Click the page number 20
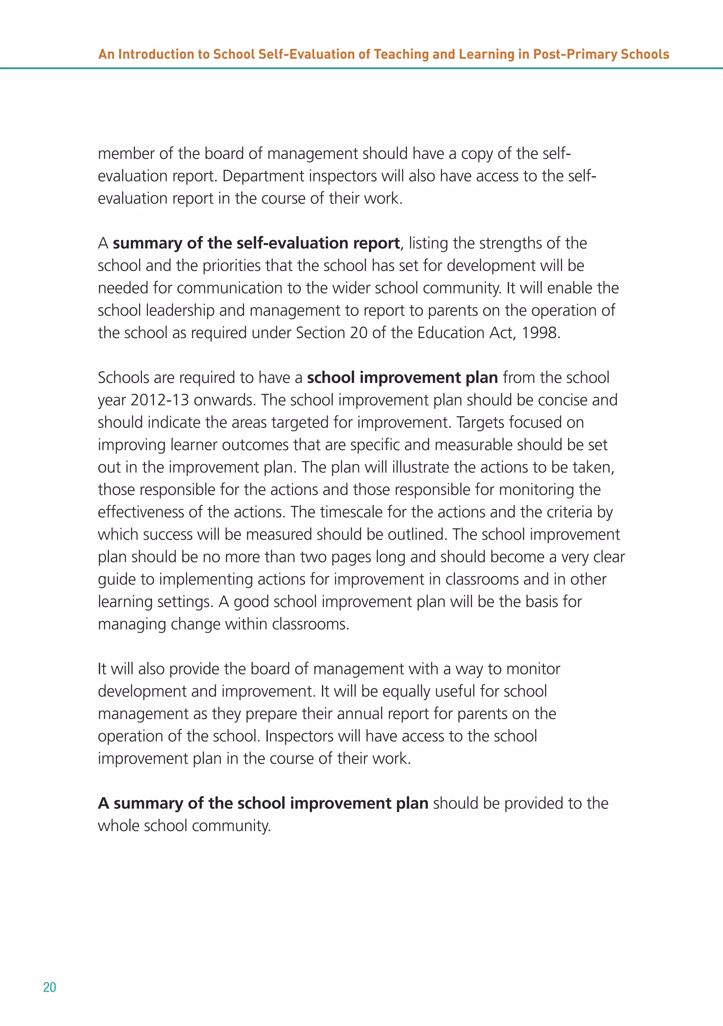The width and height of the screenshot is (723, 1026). coord(49,987)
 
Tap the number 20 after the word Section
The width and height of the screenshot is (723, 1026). coord(358,333)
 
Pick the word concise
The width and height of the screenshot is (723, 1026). coord(562,400)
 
